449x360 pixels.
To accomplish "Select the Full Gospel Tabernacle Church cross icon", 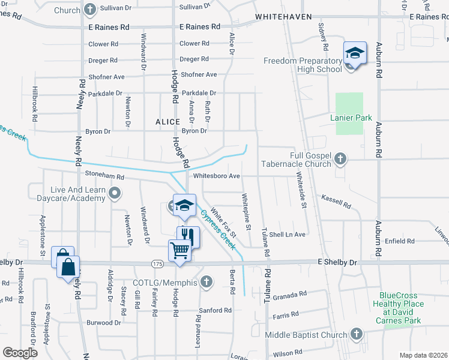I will tap(340, 159).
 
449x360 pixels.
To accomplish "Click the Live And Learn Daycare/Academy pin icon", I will tap(115, 193).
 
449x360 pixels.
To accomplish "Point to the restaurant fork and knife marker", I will tap(187, 236).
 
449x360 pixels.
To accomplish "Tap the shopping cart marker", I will tap(179, 250).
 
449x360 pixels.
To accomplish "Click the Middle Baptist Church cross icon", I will tap(356, 334).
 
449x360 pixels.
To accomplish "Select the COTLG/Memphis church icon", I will tap(206, 281).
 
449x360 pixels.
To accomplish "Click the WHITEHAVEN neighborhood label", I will tap(282, 17).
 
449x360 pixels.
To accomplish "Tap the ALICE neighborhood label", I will tap(167, 122).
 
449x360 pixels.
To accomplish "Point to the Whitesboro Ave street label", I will tap(217, 176).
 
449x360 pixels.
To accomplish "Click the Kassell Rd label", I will tap(336, 200).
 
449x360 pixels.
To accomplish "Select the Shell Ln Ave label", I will tap(288, 235).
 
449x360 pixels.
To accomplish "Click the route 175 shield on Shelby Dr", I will tap(157, 263).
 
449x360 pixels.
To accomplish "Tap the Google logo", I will tap(20, 352).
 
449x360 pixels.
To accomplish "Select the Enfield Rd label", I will tap(400, 241).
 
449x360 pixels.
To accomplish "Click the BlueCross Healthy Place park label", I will tap(402, 308).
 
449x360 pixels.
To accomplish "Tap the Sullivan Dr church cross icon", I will tap(90, 10).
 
